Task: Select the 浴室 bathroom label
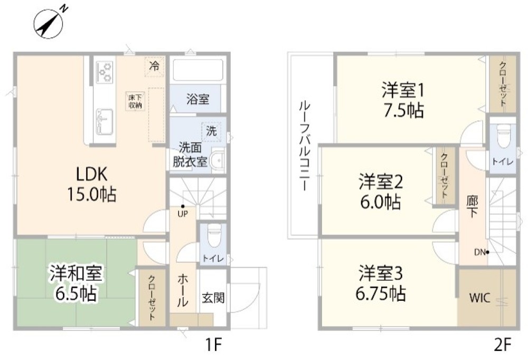197,99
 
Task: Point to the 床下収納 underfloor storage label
134,100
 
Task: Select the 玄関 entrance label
213,298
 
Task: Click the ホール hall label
181,290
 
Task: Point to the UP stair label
183,213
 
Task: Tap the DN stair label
479,252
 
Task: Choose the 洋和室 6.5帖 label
77,283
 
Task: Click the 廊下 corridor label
472,206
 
